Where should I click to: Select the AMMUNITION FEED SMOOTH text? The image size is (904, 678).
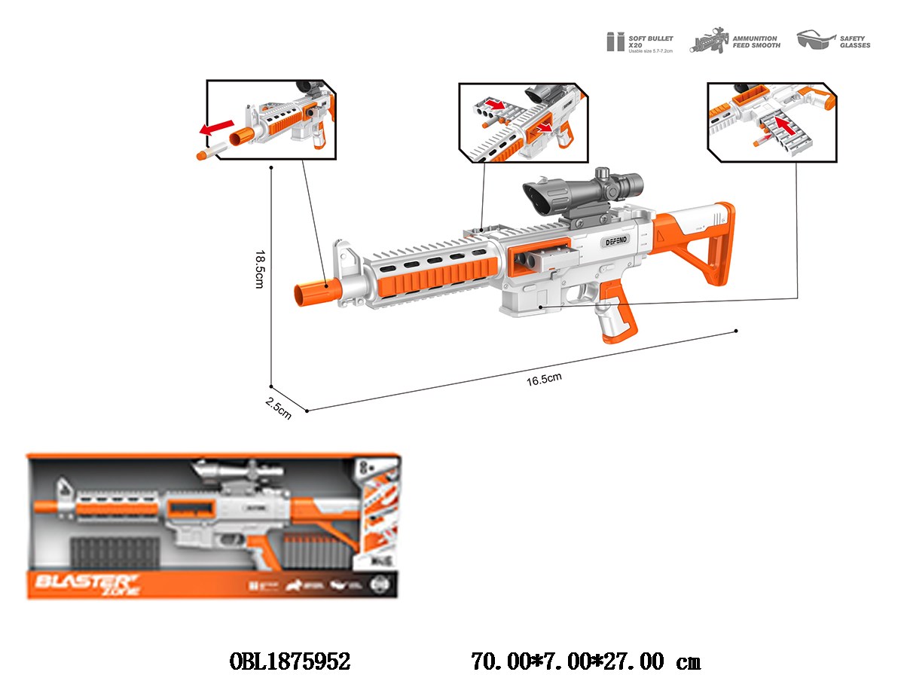(x=756, y=41)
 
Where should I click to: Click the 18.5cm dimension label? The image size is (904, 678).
(x=258, y=269)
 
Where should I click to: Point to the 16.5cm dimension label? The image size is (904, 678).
(x=545, y=378)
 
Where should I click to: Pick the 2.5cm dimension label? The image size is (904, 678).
(x=279, y=410)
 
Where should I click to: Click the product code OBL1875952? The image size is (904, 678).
(x=289, y=661)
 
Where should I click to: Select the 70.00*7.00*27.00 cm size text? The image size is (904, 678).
(x=585, y=661)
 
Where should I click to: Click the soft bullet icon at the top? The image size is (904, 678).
(x=615, y=41)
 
